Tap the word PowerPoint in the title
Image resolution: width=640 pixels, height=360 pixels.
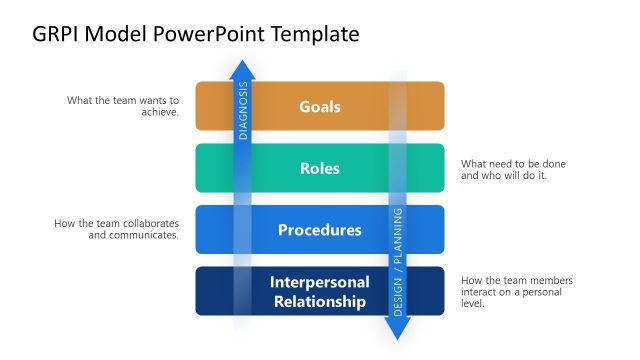(205, 34)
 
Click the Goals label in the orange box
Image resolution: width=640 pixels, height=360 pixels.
(320, 106)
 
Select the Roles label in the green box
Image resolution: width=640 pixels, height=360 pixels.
(320, 168)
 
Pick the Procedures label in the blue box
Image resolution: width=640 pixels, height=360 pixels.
(320, 230)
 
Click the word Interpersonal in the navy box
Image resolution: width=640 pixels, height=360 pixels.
(320, 282)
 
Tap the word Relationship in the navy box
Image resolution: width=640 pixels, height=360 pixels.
(320, 301)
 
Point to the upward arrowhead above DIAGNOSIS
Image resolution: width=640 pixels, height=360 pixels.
(242, 69)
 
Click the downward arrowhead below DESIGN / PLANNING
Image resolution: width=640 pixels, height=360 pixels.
(397, 330)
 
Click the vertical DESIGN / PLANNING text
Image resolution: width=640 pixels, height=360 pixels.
(397, 262)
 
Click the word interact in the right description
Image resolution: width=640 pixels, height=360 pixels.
(482, 292)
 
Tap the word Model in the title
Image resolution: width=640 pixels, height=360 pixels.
(121, 34)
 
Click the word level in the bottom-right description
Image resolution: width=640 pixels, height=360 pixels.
(473, 304)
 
